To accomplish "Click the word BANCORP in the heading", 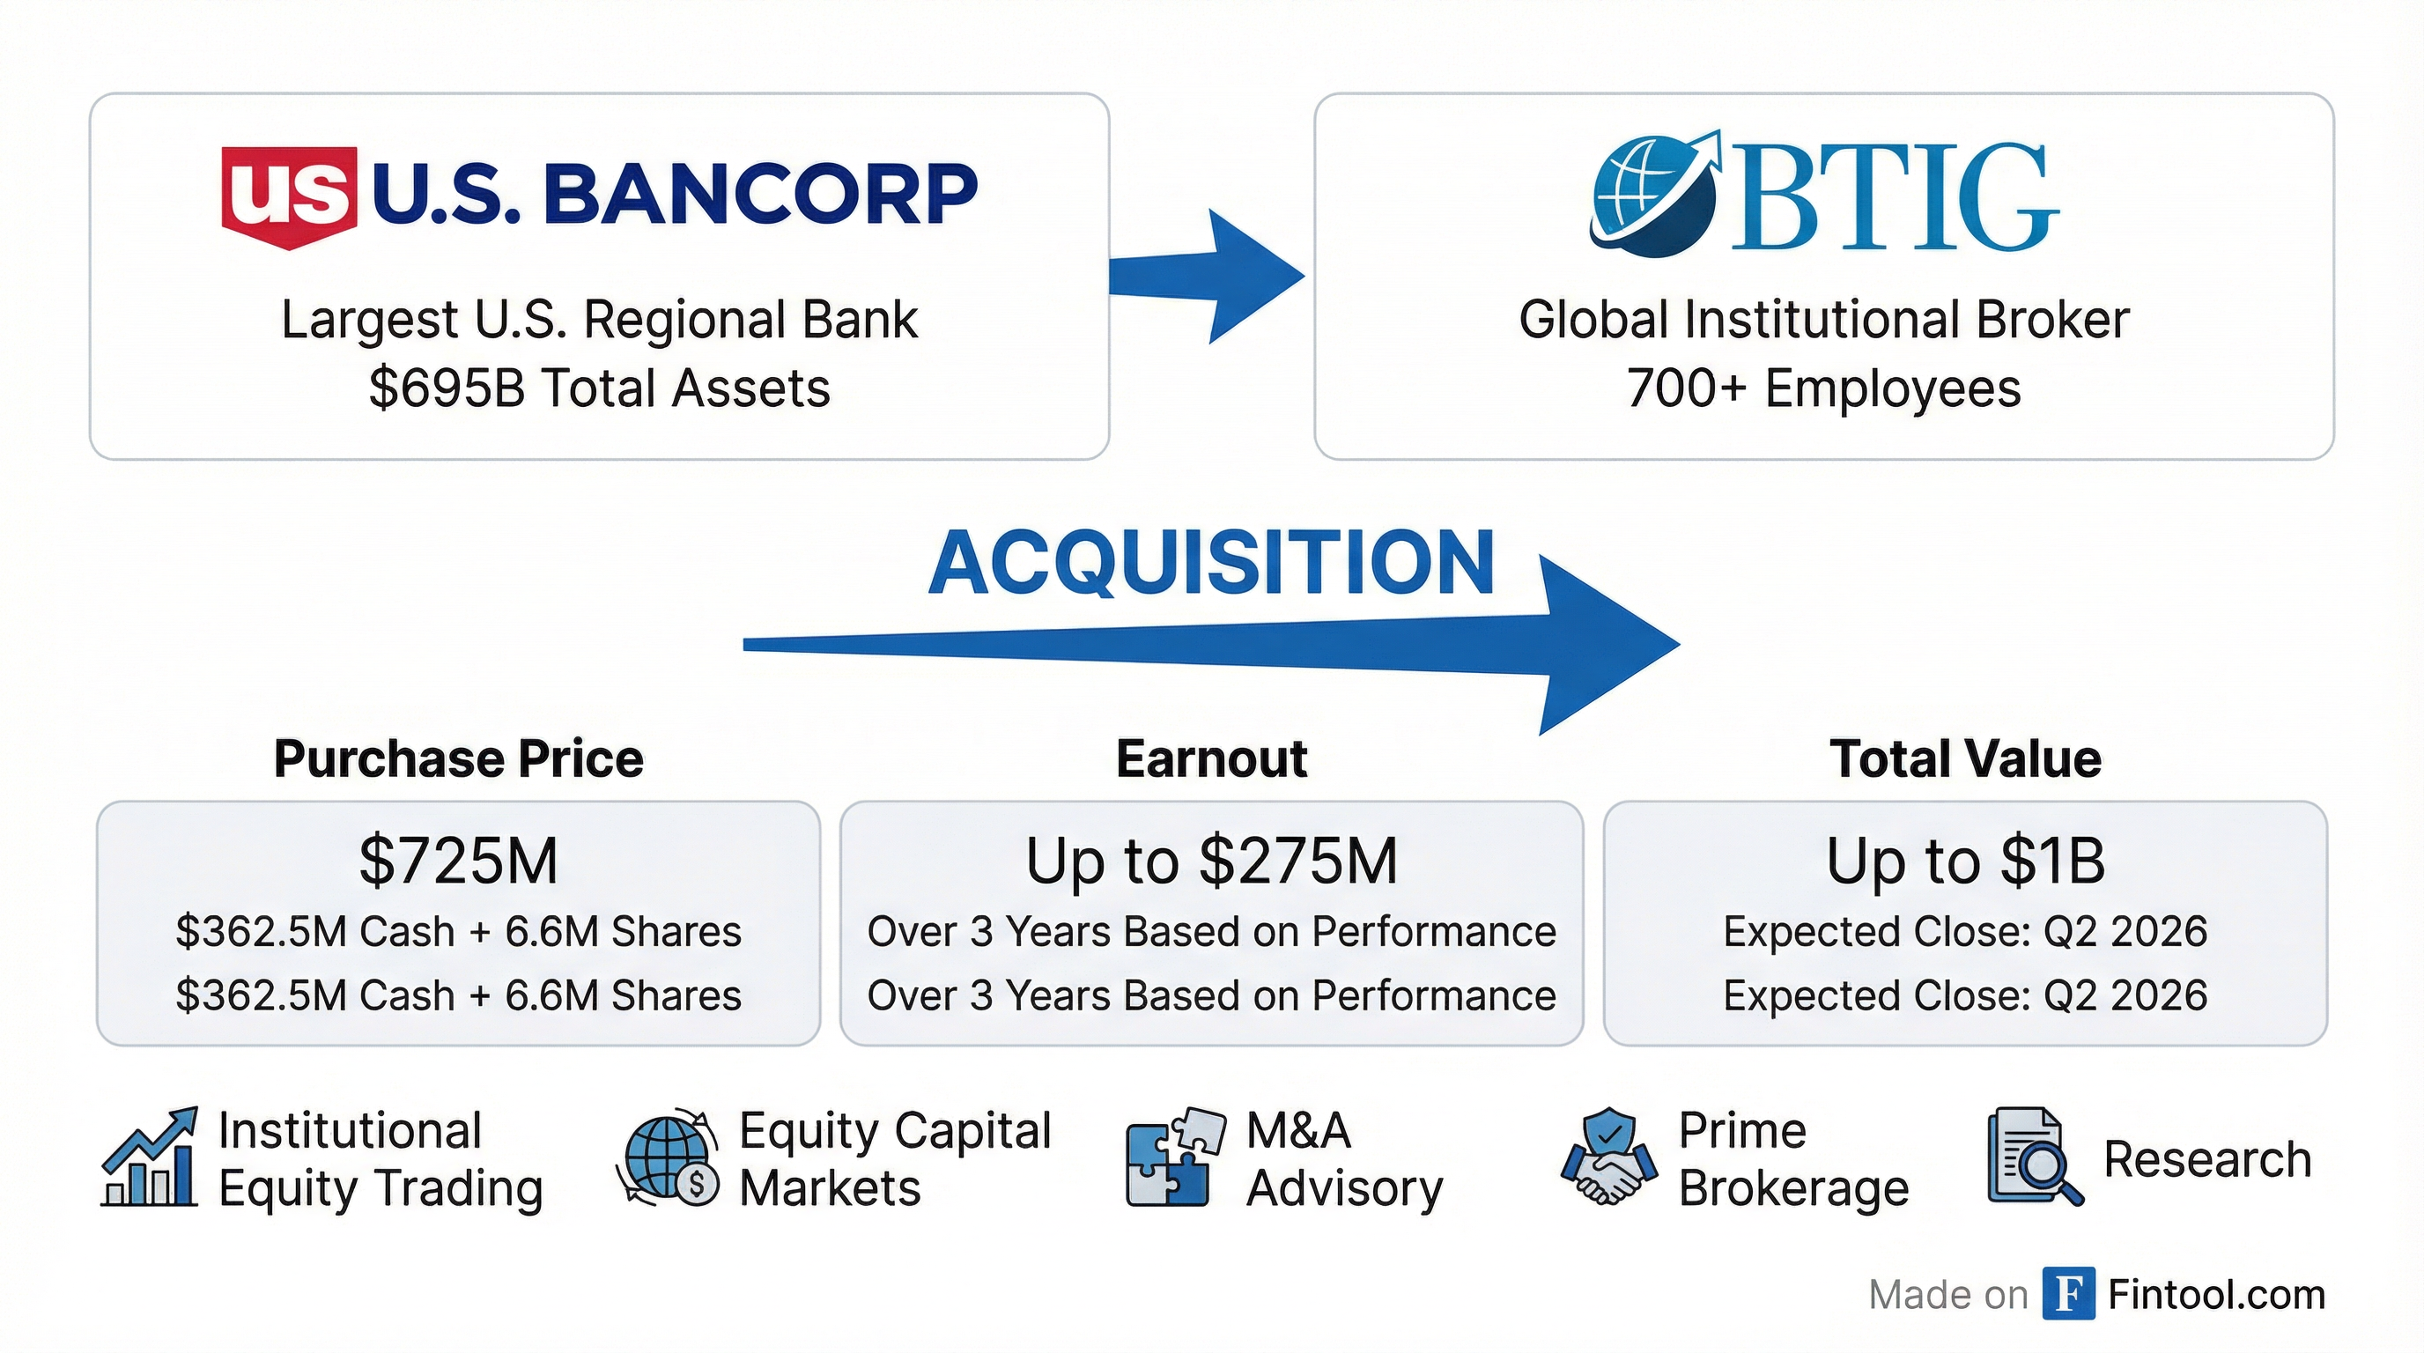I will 760,194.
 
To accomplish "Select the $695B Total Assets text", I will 600,388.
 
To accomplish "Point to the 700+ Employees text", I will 1822,388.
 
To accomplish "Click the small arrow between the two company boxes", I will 1209,277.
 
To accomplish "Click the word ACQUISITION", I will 1211,563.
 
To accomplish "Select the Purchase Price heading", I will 458,759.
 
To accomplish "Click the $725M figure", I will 458,861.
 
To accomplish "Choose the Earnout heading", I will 1211,759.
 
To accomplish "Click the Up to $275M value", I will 1211,861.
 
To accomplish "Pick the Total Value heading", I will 1965,759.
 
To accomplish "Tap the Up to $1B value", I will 1965,861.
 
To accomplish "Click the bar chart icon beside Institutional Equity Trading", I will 150,1158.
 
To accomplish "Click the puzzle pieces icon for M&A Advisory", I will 1174,1158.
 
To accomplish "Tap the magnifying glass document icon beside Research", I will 2034,1158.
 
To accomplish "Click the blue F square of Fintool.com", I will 2068,1295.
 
